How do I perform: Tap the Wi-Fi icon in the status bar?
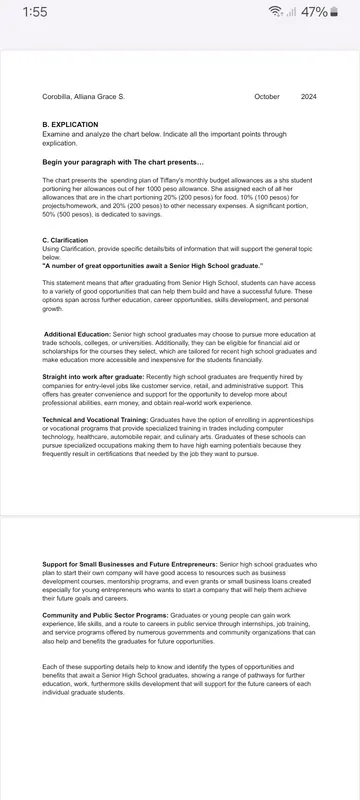tap(275, 12)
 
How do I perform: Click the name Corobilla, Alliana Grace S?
tap(83, 97)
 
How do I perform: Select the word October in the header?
tap(267, 97)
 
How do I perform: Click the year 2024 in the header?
tap(310, 97)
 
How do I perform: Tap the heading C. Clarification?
tap(65, 240)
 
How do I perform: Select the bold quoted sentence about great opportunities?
tap(152, 267)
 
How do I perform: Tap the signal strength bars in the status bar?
tap(291, 12)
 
